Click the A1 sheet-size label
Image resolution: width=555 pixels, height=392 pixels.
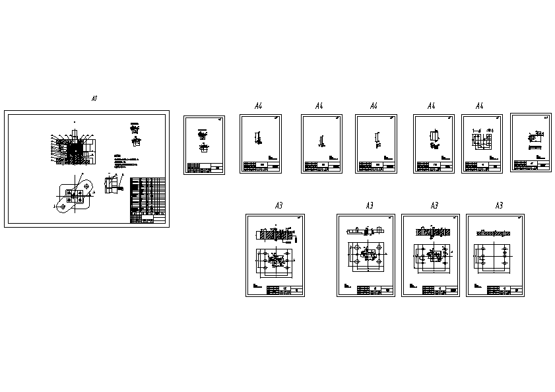tap(94, 98)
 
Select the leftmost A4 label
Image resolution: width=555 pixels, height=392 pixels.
tap(259, 106)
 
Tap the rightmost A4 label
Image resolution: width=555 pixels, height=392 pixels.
tap(480, 106)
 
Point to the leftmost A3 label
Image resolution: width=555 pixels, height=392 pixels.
tap(278, 206)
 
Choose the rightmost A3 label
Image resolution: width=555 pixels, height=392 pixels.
tap(499, 206)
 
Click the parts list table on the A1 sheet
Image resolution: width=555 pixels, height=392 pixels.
tap(148, 195)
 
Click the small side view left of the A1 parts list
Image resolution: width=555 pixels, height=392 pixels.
tap(112, 185)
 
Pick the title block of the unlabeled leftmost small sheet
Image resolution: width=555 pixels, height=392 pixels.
tap(204, 167)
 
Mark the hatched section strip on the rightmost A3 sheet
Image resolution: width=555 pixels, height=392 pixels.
tap(494, 233)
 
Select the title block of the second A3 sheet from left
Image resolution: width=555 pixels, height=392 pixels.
tap(374, 290)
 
